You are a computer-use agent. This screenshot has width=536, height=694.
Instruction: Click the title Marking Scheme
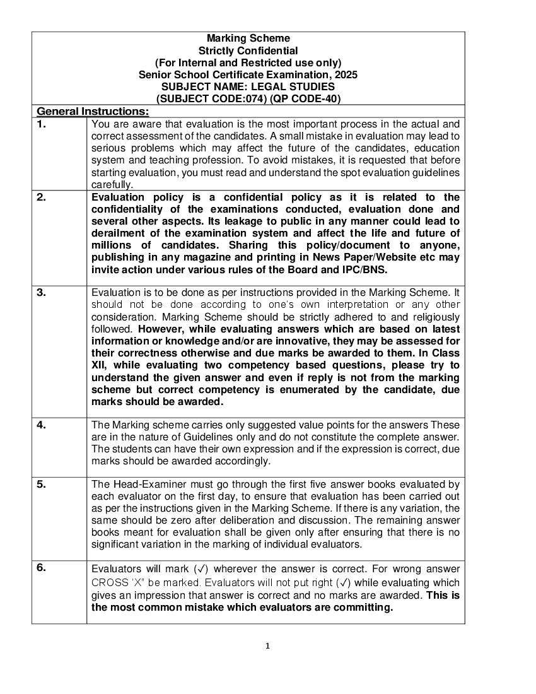coord(248,38)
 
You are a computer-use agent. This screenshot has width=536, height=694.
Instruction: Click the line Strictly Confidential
coord(248,50)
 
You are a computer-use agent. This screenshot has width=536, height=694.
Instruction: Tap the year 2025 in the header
coord(346,74)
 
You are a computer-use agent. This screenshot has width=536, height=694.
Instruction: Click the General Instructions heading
coord(93,112)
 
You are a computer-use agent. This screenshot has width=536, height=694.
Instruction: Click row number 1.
coord(41,124)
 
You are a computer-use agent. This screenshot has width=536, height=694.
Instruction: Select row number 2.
coord(41,197)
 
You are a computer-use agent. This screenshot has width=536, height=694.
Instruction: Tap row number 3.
coord(41,292)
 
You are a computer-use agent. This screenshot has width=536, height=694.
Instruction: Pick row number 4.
coord(41,425)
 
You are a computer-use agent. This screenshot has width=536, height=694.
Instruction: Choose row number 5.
coord(41,484)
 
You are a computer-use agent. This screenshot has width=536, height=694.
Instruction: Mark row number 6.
coord(41,567)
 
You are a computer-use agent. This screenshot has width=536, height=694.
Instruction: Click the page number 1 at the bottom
coord(267,645)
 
